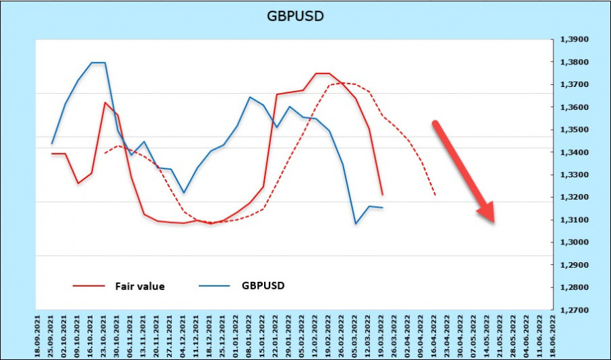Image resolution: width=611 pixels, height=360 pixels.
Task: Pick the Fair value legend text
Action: pyautogui.click(x=140, y=286)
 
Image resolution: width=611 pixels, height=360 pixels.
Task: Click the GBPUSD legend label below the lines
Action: pyautogui.click(x=263, y=285)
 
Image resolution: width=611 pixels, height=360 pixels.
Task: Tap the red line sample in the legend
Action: pyautogui.click(x=88, y=286)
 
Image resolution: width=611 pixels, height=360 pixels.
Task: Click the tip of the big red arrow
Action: pyautogui.click(x=494, y=221)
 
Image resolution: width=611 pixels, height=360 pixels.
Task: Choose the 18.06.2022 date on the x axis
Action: pyautogui.click(x=553, y=333)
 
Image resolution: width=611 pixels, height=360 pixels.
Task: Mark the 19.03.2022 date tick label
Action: pyautogui.click(x=382, y=333)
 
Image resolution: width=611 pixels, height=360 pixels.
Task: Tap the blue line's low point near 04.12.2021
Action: pyautogui.click(x=183, y=193)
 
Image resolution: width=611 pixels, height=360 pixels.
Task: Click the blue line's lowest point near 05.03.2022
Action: pyautogui.click(x=356, y=223)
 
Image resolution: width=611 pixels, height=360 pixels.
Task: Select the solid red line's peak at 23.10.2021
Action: pyautogui.click(x=105, y=103)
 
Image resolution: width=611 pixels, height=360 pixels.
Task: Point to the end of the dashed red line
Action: pyautogui.click(x=435, y=196)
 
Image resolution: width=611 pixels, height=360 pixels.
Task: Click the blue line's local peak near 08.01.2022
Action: pyautogui.click(x=250, y=97)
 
